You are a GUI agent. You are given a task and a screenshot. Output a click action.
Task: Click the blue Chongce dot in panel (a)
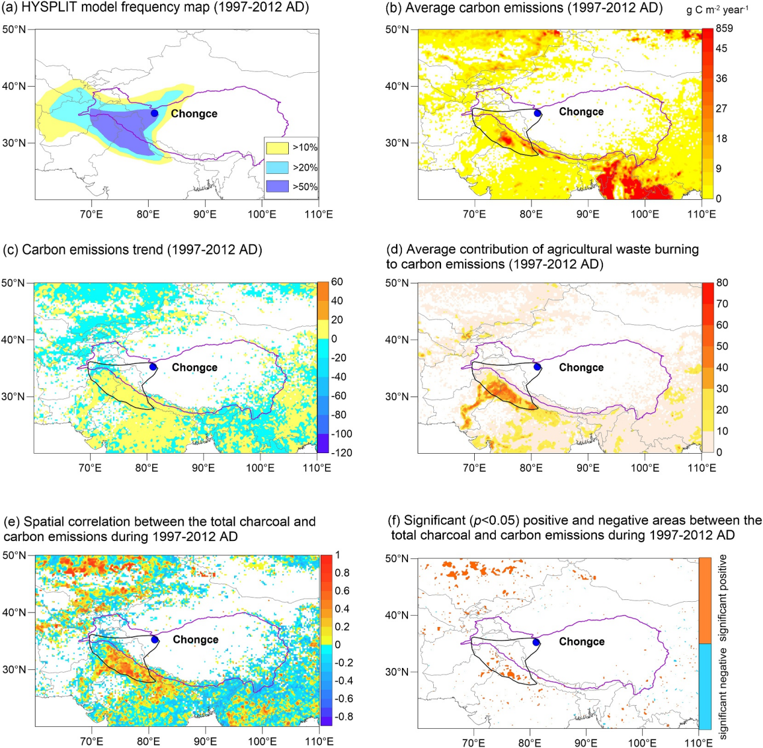click(155, 113)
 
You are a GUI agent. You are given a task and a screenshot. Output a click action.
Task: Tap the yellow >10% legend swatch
click(277, 147)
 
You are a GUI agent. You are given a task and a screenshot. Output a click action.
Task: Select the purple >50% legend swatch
click(277, 187)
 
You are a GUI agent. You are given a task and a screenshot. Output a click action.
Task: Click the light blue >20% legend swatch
click(277, 167)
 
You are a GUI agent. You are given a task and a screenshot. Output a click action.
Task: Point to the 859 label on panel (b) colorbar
click(724, 28)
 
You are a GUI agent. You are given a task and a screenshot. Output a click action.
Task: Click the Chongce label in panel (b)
click(581, 112)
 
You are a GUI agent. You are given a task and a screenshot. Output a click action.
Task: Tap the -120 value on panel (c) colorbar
click(341, 453)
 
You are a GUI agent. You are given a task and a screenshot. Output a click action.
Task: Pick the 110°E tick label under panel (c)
click(317, 468)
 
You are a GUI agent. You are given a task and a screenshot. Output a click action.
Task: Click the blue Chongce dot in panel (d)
click(537, 367)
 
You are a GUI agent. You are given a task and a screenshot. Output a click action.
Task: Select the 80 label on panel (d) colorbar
click(722, 283)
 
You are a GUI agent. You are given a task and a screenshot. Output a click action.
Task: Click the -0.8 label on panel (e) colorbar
click(343, 716)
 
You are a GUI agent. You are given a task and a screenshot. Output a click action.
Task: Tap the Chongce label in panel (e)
click(196, 640)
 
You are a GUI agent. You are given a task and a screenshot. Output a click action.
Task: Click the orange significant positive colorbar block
click(705, 601)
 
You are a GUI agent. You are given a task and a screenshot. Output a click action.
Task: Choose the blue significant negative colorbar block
click(705, 687)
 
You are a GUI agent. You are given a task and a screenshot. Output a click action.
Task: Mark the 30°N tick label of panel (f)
click(397, 672)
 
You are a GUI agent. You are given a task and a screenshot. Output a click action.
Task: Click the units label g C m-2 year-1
click(717, 10)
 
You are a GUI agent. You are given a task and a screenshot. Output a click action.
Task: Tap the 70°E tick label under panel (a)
click(91, 214)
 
